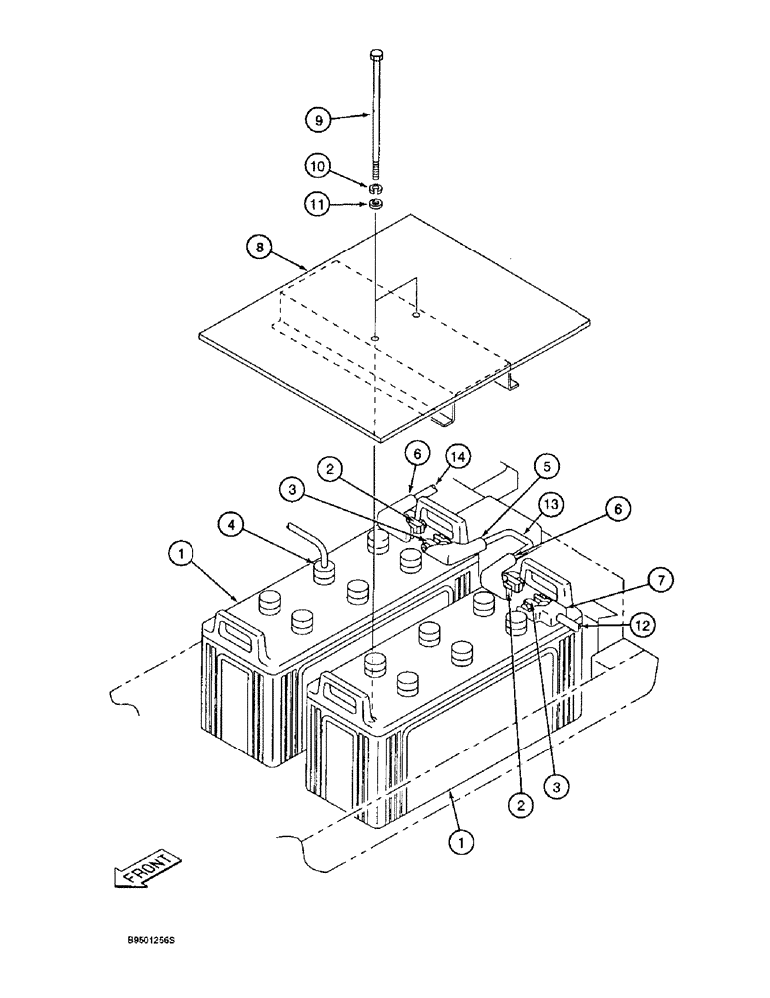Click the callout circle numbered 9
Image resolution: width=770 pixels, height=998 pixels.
tap(317, 119)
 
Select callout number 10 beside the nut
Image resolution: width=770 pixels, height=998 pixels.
tap(317, 164)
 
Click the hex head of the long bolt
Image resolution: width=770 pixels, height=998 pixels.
tap(377, 55)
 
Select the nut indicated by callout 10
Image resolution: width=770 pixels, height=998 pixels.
tap(377, 188)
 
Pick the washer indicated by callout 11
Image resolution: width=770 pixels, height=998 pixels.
tap(377, 204)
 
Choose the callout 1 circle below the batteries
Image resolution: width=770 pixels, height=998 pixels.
tap(459, 844)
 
